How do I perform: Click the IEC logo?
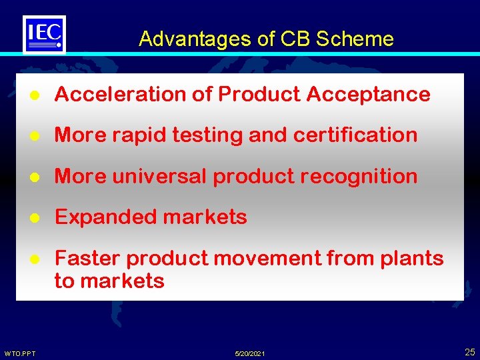[44, 33]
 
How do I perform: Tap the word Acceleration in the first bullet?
[121, 95]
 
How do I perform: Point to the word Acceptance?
[368, 95]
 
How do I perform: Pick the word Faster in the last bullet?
[87, 258]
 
